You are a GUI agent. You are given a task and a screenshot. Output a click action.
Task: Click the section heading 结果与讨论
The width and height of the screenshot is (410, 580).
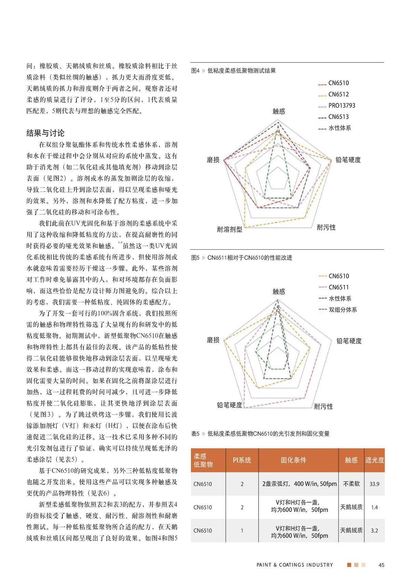pyautogui.click(x=45, y=133)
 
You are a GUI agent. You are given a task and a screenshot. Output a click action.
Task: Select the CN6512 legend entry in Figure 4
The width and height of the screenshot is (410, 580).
pyautogui.click(x=338, y=94)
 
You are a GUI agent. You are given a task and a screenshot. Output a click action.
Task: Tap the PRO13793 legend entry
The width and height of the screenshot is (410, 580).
pyautogui.click(x=341, y=106)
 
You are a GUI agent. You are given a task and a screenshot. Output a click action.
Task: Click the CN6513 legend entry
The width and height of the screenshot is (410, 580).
pyautogui.click(x=338, y=117)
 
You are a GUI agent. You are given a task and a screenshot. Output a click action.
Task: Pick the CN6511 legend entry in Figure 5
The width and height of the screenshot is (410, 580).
pyautogui.click(x=338, y=287)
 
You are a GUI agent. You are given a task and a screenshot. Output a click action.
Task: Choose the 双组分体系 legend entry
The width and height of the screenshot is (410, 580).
pyautogui.click(x=342, y=310)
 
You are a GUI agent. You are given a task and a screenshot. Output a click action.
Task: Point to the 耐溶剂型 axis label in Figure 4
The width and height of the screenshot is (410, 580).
pyautogui.click(x=230, y=229)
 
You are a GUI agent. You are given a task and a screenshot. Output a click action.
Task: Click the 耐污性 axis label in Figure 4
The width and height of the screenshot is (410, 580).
pyautogui.click(x=326, y=227)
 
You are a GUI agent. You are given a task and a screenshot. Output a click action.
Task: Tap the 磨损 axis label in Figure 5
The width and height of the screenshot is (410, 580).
pyautogui.click(x=213, y=340)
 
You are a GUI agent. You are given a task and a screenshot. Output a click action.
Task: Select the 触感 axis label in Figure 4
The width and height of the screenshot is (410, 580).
pyautogui.click(x=279, y=111)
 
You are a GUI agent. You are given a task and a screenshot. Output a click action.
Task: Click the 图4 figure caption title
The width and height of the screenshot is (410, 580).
pyautogui.click(x=233, y=71)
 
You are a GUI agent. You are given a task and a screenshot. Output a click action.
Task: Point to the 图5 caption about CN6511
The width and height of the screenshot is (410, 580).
pyautogui.click(x=242, y=258)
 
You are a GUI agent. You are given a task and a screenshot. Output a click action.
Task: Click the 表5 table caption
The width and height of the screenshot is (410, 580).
pyautogui.click(x=260, y=434)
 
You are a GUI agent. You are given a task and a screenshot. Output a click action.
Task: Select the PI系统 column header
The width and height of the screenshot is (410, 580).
pyautogui.click(x=242, y=460)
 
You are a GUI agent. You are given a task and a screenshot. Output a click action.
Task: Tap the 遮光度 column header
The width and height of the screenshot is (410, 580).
pyautogui.click(x=374, y=460)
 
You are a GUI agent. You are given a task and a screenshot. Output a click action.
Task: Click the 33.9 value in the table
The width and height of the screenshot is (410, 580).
pyautogui.click(x=374, y=484)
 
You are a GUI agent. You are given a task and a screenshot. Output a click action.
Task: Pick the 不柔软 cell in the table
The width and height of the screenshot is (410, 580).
pyautogui.click(x=351, y=484)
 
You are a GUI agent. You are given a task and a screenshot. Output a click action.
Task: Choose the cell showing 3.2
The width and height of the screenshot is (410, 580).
pyautogui.click(x=374, y=531)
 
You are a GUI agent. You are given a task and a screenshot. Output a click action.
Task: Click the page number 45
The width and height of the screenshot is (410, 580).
pyautogui.click(x=381, y=565)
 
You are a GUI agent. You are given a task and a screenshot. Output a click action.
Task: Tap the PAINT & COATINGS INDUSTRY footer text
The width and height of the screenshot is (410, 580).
pyautogui.click(x=295, y=565)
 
